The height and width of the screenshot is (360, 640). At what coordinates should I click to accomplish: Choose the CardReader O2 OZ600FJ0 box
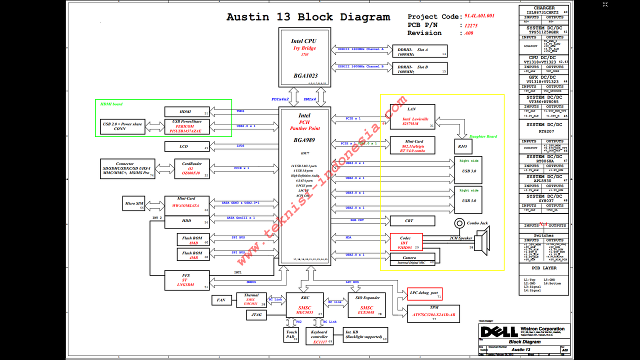tap(192, 168)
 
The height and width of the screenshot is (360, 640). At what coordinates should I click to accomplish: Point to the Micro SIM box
tap(133, 203)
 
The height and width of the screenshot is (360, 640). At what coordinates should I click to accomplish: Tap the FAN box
tap(221, 300)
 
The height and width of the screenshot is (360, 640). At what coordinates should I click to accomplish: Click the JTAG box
tap(256, 315)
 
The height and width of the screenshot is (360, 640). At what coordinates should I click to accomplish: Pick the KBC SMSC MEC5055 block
tap(304, 304)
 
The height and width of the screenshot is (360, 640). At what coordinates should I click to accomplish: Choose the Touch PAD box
tap(291, 335)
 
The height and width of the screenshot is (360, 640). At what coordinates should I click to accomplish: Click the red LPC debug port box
tap(424, 293)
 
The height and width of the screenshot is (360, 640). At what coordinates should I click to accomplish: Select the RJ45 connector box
tap(462, 146)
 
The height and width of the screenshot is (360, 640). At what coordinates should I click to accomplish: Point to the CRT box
tap(412, 220)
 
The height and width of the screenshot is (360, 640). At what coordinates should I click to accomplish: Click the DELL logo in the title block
tap(492, 331)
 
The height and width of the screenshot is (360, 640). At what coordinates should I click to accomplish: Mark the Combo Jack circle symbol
tap(459, 223)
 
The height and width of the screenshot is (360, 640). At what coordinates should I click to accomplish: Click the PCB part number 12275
tap(470, 25)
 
